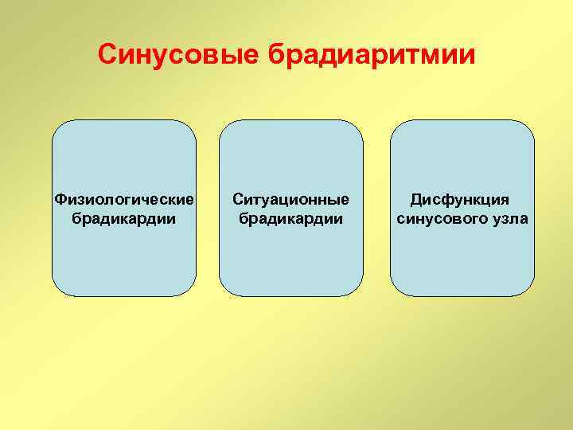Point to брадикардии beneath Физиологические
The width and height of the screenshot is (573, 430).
pos(123,218)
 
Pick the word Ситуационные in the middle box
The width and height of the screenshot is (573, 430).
pos(290,198)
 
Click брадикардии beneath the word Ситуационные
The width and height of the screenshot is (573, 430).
pos(290,218)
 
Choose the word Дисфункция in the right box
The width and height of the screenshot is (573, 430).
pos(459,198)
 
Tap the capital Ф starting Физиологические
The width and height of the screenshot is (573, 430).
pos(58,198)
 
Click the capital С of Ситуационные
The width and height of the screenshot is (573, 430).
pos(238,198)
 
